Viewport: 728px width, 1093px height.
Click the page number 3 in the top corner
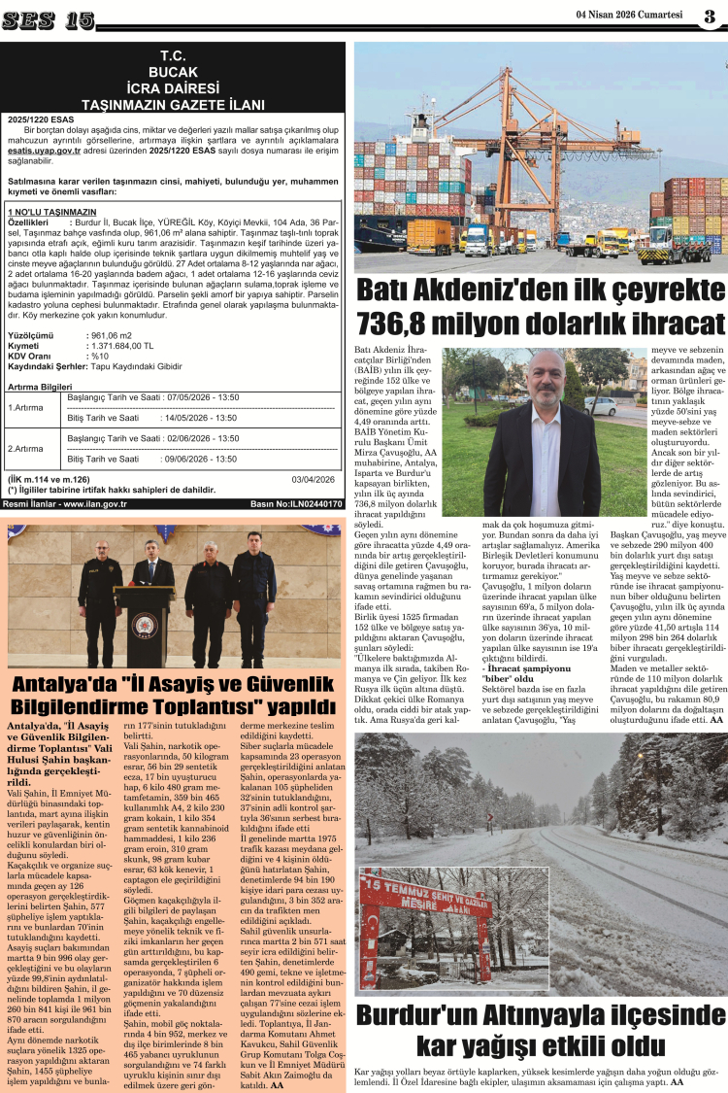711,16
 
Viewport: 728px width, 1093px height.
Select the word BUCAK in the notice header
174,72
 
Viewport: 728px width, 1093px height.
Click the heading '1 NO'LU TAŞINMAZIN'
51,211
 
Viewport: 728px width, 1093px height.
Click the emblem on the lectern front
145,622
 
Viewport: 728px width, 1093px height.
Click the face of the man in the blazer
546,379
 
